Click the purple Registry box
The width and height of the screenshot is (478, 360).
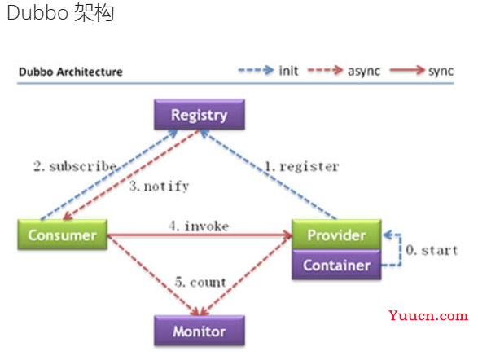[200, 115]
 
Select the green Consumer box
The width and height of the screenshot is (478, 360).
[63, 235]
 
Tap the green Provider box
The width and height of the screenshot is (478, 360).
[336, 235]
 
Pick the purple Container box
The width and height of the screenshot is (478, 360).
[336, 265]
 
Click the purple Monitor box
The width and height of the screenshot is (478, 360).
[200, 331]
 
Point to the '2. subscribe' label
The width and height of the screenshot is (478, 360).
[75, 166]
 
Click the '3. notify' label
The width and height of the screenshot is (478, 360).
[159, 186]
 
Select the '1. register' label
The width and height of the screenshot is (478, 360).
[301, 166]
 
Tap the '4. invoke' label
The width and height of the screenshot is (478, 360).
[199, 226]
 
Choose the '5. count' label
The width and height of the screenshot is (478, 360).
[200, 283]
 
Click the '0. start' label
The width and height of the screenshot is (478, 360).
[432, 250]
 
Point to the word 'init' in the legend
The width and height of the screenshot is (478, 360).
[288, 71]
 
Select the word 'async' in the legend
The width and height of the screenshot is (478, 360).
[364, 72]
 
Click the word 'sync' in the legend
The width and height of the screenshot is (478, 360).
[441, 72]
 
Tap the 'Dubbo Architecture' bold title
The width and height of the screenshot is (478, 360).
[71, 72]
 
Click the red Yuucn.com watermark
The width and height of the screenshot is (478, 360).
[428, 315]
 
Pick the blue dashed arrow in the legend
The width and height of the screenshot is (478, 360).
[256, 70]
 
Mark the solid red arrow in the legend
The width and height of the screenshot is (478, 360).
[407, 70]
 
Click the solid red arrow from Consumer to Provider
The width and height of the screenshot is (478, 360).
[200, 235]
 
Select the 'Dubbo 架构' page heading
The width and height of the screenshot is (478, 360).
[60, 13]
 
